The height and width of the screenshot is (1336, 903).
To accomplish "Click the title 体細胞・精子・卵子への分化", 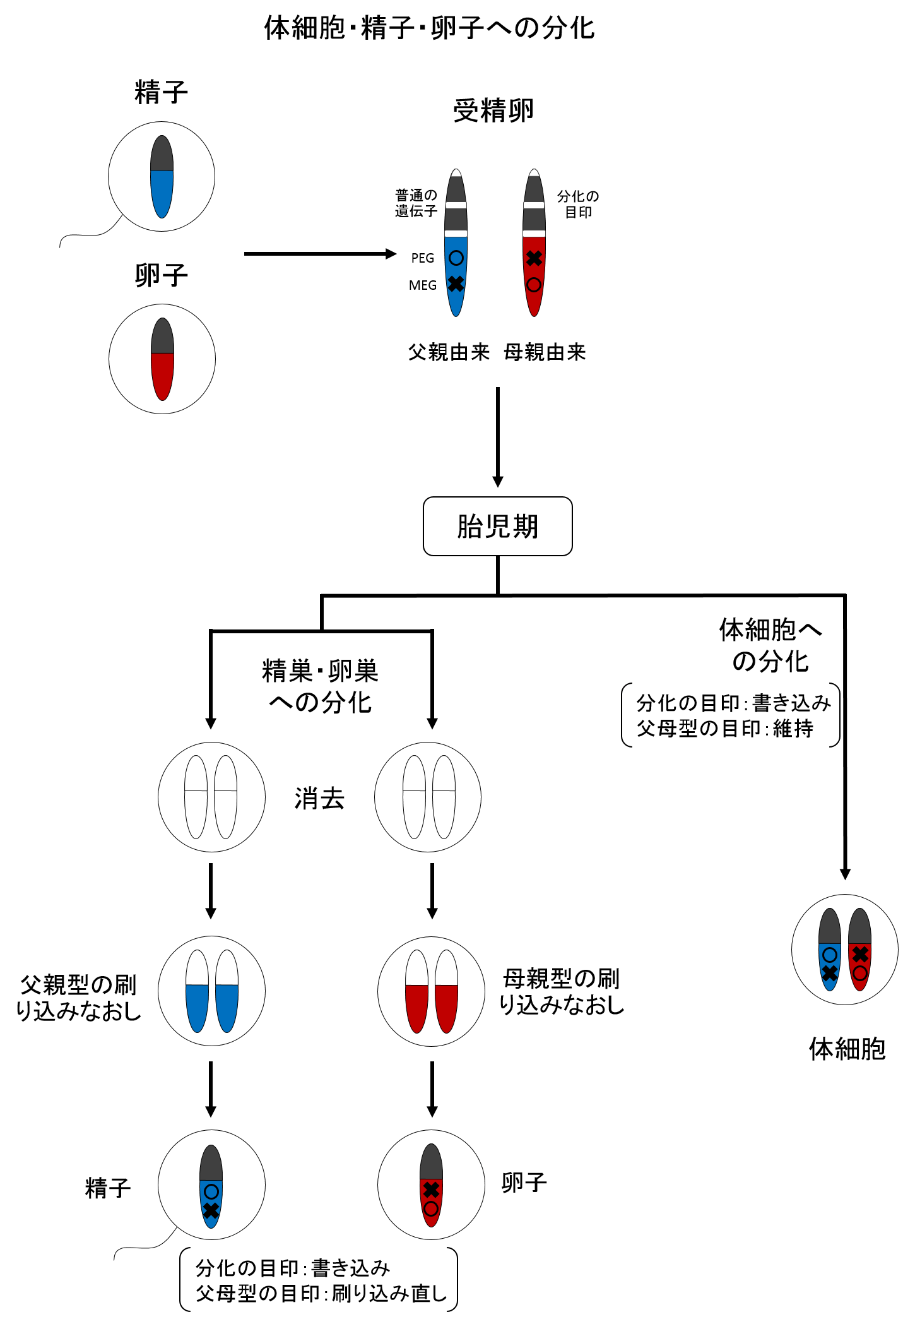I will (x=429, y=28).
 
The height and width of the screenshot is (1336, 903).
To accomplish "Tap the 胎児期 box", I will (x=497, y=526).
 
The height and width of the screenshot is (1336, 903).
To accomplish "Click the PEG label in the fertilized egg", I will (x=422, y=258).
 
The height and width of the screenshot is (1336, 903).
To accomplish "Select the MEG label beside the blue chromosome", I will (x=422, y=285).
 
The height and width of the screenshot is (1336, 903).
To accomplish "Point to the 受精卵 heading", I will (x=493, y=111).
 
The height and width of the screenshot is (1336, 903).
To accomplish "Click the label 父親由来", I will (x=449, y=352).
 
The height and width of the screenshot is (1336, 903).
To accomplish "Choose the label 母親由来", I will (x=545, y=352).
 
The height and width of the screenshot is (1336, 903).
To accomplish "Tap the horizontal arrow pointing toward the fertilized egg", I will (x=319, y=254).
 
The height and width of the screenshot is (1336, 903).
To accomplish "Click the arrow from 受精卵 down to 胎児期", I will (x=498, y=436).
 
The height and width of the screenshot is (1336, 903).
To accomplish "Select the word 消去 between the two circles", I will (x=319, y=799).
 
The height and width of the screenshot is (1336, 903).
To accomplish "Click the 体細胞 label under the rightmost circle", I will (x=847, y=1049).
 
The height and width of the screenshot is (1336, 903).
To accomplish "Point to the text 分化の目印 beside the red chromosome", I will (x=578, y=204).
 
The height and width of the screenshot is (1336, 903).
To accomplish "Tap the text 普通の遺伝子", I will (x=416, y=203).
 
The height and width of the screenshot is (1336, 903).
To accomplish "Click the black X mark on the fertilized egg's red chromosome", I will (x=534, y=258).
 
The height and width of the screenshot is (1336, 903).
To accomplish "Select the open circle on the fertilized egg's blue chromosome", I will (x=456, y=258).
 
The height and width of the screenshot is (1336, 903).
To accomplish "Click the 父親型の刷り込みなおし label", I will (x=78, y=998).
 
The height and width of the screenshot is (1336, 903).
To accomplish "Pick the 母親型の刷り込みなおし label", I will (x=561, y=991).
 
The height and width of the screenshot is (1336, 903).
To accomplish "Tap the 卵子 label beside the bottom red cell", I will (x=524, y=1182).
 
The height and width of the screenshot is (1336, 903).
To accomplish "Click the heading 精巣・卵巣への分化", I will (x=320, y=686).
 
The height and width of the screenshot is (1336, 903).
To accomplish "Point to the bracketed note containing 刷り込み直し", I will (x=319, y=1280).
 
